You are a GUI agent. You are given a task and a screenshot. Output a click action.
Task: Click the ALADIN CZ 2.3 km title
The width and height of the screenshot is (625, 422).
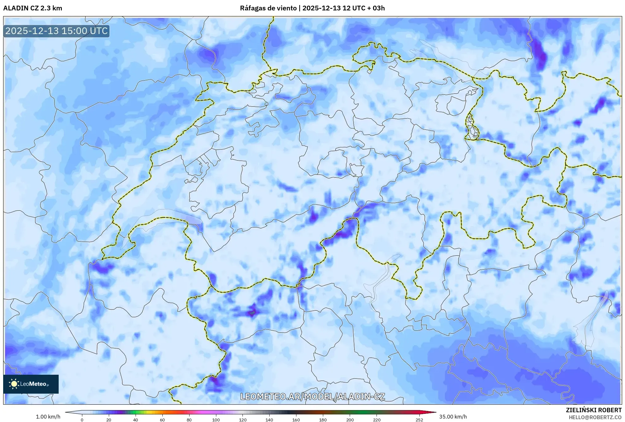32,8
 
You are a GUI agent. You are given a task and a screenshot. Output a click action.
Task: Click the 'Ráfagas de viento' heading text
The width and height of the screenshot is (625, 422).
268,8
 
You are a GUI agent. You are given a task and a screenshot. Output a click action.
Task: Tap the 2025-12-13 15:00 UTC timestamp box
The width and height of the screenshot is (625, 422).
56,31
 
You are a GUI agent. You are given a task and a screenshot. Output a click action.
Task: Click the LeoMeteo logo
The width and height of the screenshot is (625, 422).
31,384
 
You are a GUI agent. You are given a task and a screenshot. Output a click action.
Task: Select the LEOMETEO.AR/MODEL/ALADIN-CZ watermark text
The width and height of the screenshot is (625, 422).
312,396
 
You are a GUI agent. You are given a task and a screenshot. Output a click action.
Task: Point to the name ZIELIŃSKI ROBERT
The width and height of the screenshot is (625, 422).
593,410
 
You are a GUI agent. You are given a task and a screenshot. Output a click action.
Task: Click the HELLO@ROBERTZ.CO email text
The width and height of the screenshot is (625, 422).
595,417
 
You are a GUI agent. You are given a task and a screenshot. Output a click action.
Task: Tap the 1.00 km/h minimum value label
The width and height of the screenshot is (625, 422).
48,417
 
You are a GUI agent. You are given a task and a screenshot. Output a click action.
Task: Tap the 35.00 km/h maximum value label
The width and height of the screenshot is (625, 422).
453,417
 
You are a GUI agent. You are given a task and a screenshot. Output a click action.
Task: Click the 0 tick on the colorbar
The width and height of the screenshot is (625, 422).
82,419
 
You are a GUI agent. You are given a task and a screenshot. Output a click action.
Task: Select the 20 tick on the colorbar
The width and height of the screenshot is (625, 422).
109,419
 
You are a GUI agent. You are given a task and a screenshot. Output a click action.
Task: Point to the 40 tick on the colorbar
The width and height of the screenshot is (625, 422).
136,419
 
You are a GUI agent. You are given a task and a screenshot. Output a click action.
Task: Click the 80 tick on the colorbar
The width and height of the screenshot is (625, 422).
189,419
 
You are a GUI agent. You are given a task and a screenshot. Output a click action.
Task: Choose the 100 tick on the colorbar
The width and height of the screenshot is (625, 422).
216,419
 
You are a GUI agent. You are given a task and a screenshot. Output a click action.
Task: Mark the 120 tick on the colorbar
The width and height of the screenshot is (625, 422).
243,419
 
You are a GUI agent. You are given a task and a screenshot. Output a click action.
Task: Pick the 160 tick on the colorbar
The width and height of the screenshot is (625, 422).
296,419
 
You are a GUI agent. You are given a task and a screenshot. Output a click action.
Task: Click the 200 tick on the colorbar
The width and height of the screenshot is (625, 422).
350,419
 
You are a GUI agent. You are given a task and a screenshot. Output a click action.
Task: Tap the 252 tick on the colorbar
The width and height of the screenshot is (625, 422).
419,419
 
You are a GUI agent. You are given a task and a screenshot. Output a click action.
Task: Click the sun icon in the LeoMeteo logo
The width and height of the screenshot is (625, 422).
14,384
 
